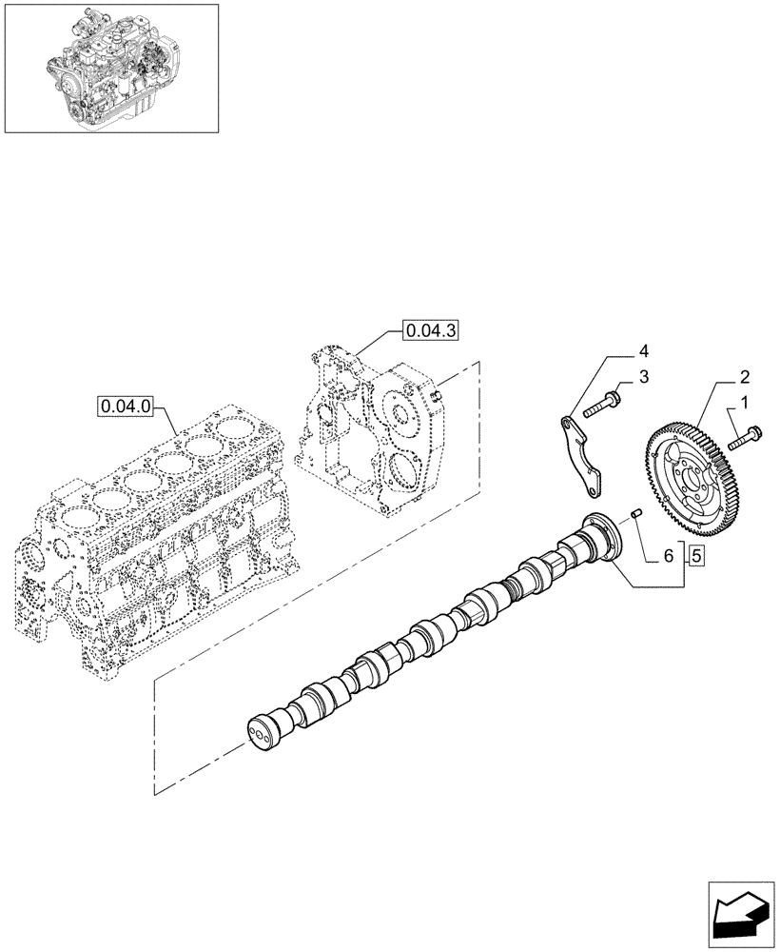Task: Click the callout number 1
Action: click(745, 404)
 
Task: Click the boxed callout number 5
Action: click(696, 555)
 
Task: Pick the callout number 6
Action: click(668, 555)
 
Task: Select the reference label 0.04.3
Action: click(430, 330)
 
